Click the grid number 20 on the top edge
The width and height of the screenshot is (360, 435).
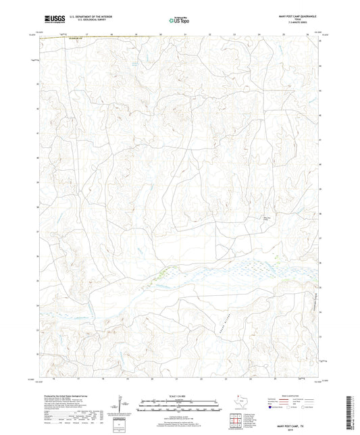(x=161, y=33)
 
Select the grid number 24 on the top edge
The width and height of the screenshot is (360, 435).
(x=259, y=33)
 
